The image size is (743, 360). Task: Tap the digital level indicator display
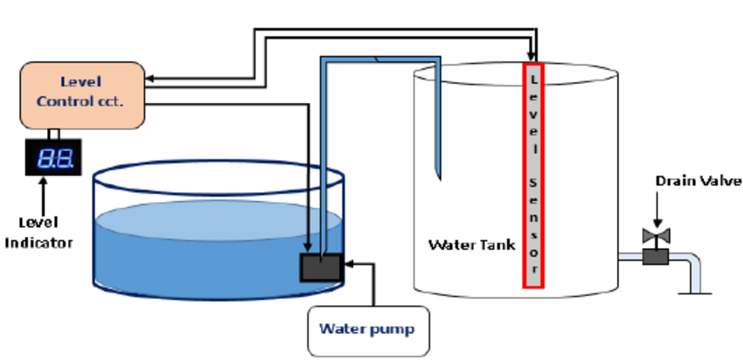tap(53, 158)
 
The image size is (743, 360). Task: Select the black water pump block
tap(322, 267)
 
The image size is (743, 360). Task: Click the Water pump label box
tap(367, 329)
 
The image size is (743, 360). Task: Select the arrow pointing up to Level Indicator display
tap(41, 192)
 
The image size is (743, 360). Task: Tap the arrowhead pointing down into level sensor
tap(533, 55)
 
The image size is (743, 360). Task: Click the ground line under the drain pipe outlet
tap(696, 293)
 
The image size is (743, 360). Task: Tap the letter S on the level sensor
tap(533, 179)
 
